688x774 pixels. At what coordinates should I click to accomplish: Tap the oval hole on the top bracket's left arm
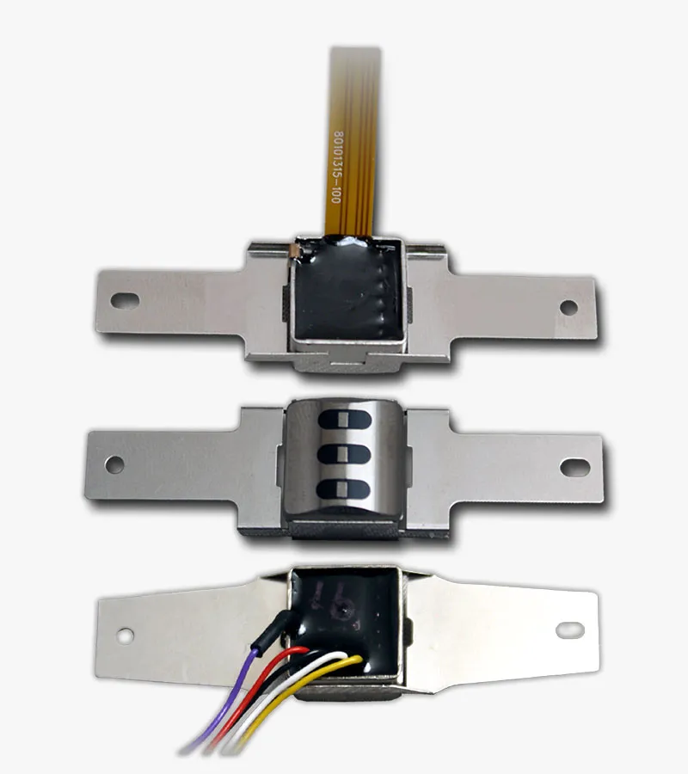tap(125, 300)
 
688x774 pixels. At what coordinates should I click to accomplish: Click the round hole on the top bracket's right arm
tap(568, 307)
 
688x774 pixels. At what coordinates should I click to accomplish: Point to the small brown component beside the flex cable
tap(294, 251)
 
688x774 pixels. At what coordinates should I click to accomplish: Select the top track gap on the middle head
tap(345, 420)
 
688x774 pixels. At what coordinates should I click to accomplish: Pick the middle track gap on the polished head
tap(344, 455)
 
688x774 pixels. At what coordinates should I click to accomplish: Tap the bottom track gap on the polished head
tap(343, 489)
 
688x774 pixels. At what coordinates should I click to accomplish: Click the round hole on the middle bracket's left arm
tap(114, 464)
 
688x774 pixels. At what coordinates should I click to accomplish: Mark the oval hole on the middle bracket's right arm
tap(574, 467)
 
